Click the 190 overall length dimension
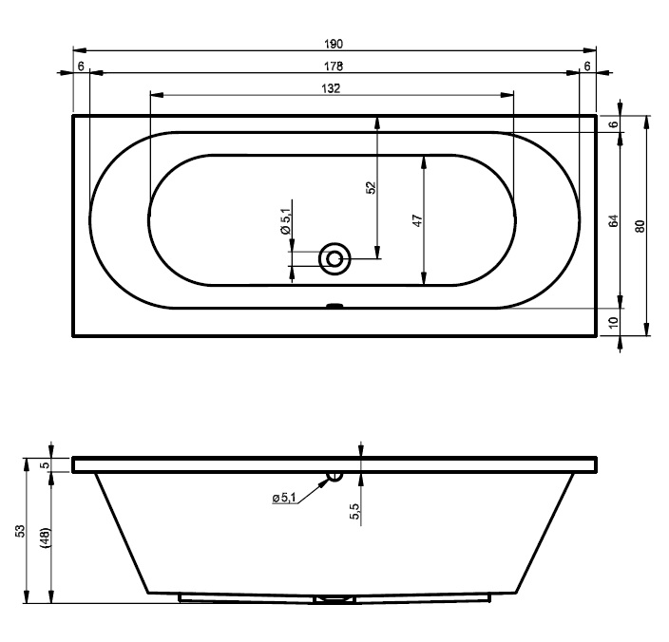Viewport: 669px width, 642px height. pyautogui.click(x=334, y=44)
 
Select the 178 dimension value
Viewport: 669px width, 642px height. pyautogui.click(x=334, y=66)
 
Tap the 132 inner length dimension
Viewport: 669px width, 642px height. pyautogui.click(x=331, y=88)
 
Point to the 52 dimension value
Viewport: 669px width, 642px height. pyautogui.click(x=372, y=188)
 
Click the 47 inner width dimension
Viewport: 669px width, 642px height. pyautogui.click(x=418, y=220)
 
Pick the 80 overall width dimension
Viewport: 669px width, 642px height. pyautogui.click(x=640, y=226)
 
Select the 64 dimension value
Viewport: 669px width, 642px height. pyautogui.click(x=614, y=221)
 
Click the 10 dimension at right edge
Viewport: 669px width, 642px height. pyautogui.click(x=614, y=322)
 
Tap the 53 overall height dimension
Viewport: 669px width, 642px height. pyautogui.click(x=21, y=531)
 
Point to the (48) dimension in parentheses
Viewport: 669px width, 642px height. pyautogui.click(x=46, y=538)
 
